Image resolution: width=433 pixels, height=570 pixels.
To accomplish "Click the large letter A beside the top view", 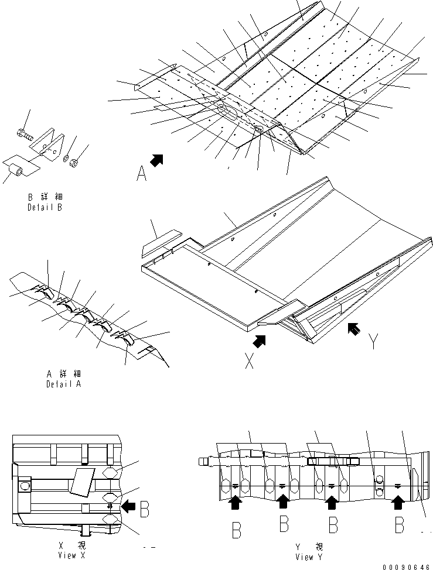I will point(141,174).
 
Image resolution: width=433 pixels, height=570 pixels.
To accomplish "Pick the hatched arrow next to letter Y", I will point(354,329).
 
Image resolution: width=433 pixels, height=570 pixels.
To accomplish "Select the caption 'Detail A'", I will point(63,384).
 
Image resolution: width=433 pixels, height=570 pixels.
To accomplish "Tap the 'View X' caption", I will point(67,555).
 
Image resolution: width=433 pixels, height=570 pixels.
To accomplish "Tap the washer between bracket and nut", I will point(67,156).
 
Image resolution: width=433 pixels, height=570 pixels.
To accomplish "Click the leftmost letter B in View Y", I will point(237,530).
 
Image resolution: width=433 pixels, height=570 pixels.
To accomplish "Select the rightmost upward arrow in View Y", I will point(398,500).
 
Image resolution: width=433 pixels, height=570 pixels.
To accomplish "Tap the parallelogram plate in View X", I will point(79,480).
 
